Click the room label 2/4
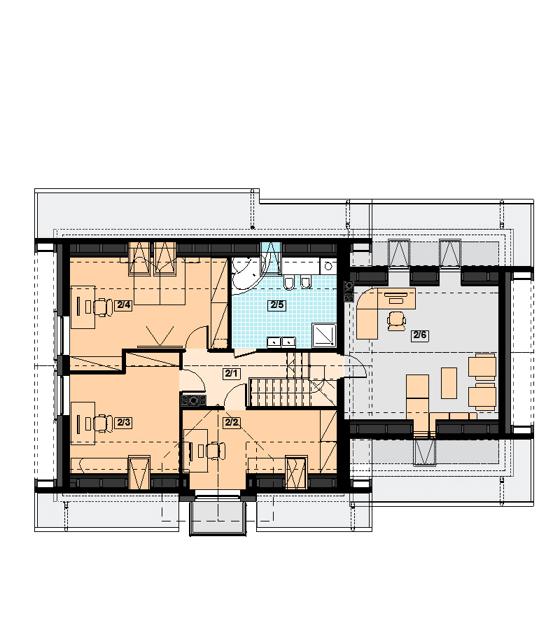pyautogui.click(x=124, y=305)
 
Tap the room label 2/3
pyautogui.click(x=124, y=422)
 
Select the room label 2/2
pyautogui.click(x=232, y=422)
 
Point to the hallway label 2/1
pyautogui.click(x=231, y=373)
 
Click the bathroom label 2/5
pyautogui.click(x=276, y=304)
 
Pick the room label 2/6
pyautogui.click(x=420, y=335)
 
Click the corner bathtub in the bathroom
pyautogui.click(x=245, y=273)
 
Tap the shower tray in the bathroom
pyautogui.click(x=324, y=335)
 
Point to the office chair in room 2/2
pyautogui.click(x=216, y=451)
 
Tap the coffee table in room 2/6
pyautogui.click(x=449, y=383)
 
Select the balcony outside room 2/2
pyautogui.click(x=218, y=517)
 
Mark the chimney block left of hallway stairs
pyautogui.click(x=194, y=400)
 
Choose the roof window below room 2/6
pyautogui.click(x=425, y=451)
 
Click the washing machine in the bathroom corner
pyautogui.click(x=328, y=266)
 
